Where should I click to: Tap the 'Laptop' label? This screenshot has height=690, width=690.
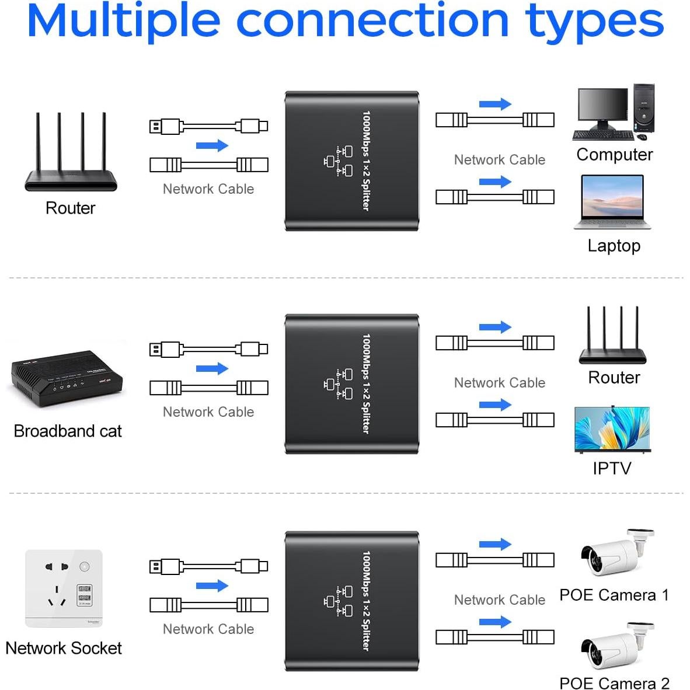[x=614, y=245]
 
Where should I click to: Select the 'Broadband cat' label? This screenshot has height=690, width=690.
[x=68, y=431]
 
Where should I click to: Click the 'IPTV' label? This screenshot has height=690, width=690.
[x=612, y=468]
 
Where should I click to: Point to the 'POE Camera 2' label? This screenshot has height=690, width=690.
[x=614, y=682]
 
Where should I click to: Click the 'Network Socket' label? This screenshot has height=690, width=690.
[x=64, y=648]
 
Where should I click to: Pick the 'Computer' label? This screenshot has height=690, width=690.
[x=614, y=155]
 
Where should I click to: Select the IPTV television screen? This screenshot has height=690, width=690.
[x=612, y=428]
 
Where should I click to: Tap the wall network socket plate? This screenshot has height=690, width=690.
[x=64, y=588]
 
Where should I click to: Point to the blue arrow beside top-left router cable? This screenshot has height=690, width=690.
[x=211, y=145]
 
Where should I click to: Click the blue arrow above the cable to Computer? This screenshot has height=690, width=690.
[x=494, y=104]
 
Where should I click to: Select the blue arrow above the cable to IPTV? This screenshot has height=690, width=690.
[x=494, y=405]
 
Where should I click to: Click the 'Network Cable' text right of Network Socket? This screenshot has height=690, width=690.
[x=208, y=629]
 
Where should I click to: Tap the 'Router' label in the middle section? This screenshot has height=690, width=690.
[x=614, y=378]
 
